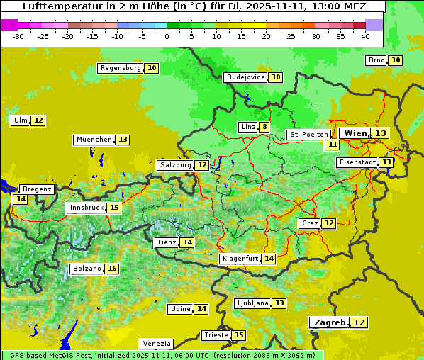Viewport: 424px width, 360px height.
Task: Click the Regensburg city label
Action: click(x=120, y=68)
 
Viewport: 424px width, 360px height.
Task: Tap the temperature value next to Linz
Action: click(x=264, y=128)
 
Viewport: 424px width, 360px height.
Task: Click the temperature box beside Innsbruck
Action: click(x=113, y=208)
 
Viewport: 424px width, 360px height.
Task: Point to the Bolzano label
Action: click(x=87, y=269)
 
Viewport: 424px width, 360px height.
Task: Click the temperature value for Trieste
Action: click(x=239, y=335)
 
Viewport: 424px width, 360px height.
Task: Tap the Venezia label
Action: click(x=156, y=343)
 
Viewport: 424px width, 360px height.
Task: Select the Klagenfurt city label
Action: click(x=239, y=259)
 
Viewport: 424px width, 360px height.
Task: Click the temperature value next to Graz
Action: click(x=328, y=223)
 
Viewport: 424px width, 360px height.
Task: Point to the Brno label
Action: click(x=376, y=60)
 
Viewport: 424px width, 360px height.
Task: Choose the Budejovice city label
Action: click(x=245, y=77)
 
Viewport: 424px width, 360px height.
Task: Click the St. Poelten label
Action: click(x=308, y=135)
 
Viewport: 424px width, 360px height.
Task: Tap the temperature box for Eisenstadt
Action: click(x=386, y=162)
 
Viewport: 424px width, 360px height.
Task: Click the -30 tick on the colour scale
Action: click(x=18, y=36)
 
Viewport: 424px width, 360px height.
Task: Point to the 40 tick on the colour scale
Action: click(x=365, y=36)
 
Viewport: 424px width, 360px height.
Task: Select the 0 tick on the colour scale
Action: click(x=167, y=36)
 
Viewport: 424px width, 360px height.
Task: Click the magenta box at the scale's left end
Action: click(x=9, y=25)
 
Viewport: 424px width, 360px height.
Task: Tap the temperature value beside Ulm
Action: click(x=38, y=120)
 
